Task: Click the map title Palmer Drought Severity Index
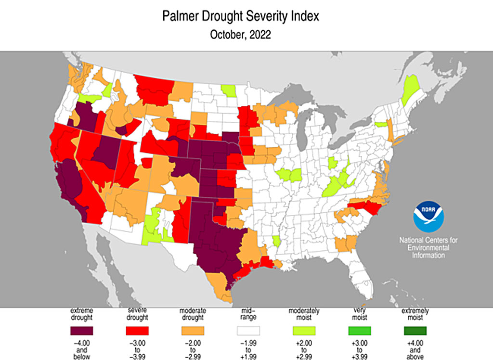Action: [240, 17]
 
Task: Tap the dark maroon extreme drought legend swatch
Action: [82, 331]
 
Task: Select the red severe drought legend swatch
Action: [137, 331]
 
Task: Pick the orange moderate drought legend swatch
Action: [193, 331]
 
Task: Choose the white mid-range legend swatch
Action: [248, 331]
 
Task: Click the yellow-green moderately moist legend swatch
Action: [303, 331]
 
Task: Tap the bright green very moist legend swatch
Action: [359, 331]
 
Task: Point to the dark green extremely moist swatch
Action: [415, 331]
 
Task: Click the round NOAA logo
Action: [428, 217]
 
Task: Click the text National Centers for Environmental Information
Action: [428, 247]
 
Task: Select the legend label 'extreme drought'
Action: [82, 314]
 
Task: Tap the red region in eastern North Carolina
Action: [368, 208]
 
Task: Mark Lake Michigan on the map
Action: [302, 132]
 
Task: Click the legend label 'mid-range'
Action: [248, 314]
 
